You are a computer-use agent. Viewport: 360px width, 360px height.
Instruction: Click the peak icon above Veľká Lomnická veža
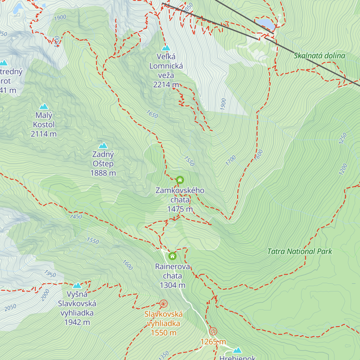tap(166, 48)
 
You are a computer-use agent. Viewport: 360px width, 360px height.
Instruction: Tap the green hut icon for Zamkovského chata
tap(180, 180)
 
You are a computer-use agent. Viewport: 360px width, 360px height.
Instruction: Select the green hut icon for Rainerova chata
tap(172, 256)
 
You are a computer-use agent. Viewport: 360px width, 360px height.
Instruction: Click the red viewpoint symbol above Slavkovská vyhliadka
tap(163, 304)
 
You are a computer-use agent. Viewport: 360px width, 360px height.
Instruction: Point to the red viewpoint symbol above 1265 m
tap(213, 331)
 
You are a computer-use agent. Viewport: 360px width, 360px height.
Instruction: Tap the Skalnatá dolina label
tap(319, 55)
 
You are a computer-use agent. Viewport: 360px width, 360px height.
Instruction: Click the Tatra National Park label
tap(299, 251)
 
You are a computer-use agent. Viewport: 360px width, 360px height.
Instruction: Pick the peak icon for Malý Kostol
tap(44, 106)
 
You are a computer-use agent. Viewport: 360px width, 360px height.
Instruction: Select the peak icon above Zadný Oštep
tap(103, 146)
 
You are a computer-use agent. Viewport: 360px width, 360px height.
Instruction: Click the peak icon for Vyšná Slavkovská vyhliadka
tap(77, 285)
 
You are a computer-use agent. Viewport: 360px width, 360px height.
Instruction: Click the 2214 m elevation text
tap(166, 85)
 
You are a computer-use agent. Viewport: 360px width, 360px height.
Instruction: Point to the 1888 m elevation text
tap(103, 173)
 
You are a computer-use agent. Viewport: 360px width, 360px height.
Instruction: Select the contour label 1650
tap(152, 114)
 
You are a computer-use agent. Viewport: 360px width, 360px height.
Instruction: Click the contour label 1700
tap(231, 161)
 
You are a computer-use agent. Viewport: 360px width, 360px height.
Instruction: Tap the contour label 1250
tap(343, 138)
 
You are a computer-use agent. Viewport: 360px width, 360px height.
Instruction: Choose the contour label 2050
tap(10, 307)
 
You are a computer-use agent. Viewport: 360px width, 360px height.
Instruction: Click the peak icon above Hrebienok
tap(237, 350)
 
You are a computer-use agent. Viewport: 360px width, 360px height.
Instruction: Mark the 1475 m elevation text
tap(180, 209)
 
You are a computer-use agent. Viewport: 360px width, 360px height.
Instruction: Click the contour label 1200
tap(343, 169)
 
